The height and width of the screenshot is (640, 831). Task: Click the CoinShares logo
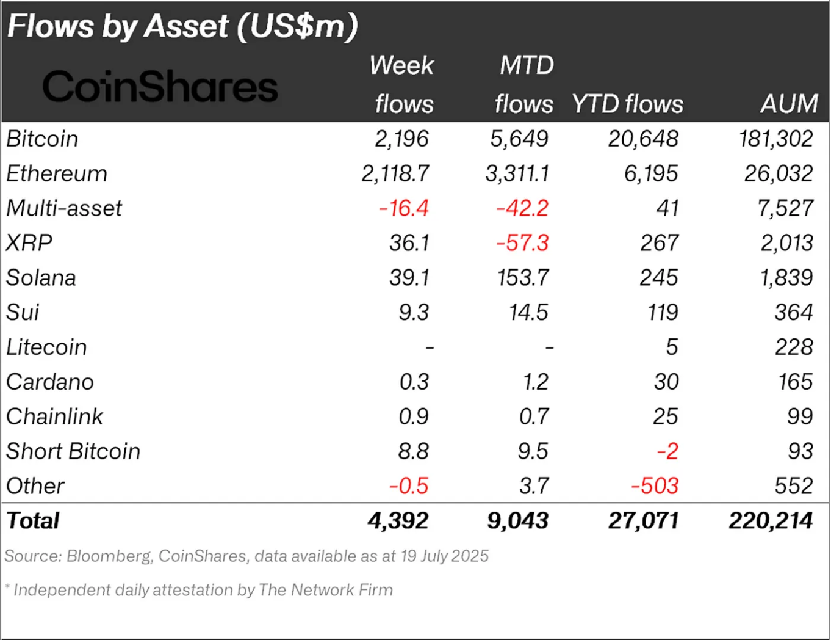coord(160,86)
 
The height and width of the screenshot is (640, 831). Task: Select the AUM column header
coord(788,104)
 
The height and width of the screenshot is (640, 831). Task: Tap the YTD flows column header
coord(627,104)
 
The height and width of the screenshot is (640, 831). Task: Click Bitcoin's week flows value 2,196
coord(401,139)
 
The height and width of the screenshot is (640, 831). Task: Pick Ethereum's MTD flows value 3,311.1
coord(517,174)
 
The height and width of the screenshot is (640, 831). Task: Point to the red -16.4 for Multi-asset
coord(403,208)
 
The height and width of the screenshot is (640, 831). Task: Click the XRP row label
coord(29,243)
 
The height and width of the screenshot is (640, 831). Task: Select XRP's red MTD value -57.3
coord(522,243)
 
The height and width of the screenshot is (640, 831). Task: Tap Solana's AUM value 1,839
coord(786,278)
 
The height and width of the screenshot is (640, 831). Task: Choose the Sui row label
coord(23,313)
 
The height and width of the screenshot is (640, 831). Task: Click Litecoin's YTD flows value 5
coord(671,347)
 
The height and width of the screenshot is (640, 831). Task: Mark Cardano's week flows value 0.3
coord(414,382)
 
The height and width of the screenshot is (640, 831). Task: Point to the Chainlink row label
coord(55,417)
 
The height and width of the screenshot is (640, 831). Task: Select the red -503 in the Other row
coord(654,487)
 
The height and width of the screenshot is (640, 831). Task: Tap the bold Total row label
coord(33,521)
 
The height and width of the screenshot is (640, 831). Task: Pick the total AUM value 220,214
coord(770,521)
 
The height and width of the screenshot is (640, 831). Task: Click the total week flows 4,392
coord(398,521)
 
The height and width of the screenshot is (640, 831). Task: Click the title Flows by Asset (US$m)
coord(182,26)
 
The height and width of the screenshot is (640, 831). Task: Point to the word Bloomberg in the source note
coord(109,556)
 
